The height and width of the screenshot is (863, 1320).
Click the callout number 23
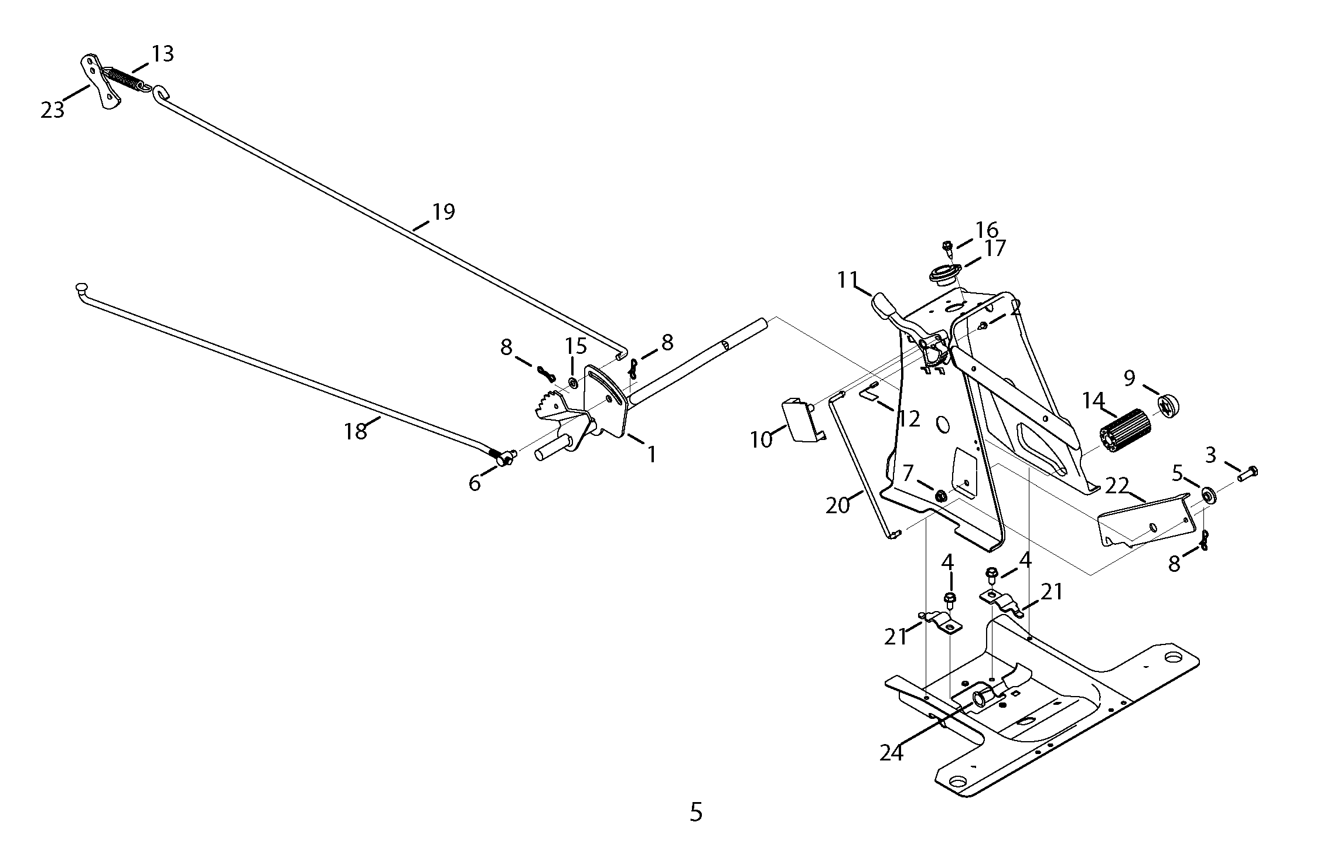click(52, 110)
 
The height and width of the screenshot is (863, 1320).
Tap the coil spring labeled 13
click(125, 79)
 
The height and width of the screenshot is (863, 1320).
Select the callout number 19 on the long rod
click(444, 212)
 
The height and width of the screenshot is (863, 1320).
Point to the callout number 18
click(355, 431)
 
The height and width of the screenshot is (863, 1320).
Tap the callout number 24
click(891, 753)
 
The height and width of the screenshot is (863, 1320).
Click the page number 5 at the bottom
click(695, 812)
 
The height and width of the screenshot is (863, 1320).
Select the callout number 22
click(1117, 485)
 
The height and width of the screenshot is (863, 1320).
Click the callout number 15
click(576, 346)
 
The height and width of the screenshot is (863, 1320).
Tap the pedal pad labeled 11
click(885, 306)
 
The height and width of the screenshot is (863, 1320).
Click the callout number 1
click(651, 454)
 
